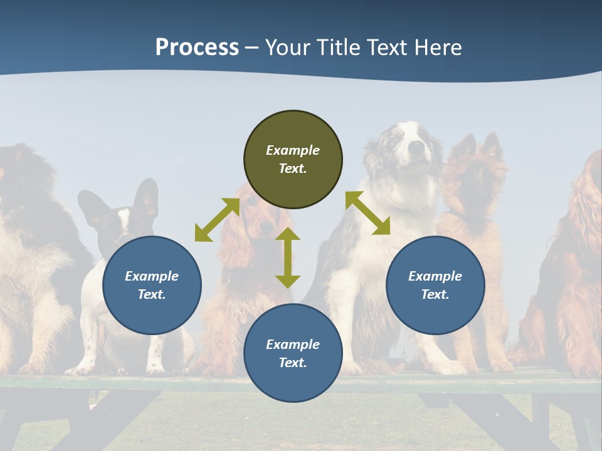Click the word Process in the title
[x=197, y=48]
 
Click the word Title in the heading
[x=339, y=48]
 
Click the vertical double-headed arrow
[x=288, y=257]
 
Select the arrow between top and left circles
[x=217, y=220]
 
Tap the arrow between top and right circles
[x=367, y=214]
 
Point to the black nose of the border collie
[x=416, y=147]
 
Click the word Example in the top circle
[x=293, y=150]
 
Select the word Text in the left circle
[x=152, y=294]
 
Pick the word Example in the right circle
[x=435, y=276]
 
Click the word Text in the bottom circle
[x=293, y=363]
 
